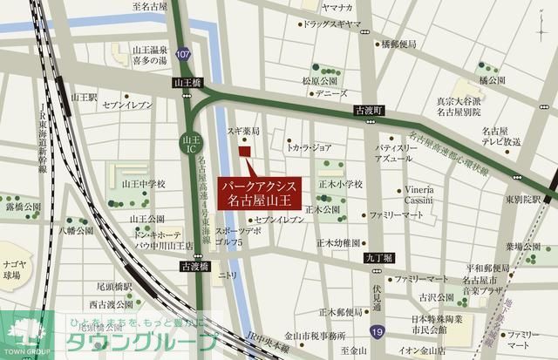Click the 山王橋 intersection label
pos(187,83)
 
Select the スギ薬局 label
pos(245,128)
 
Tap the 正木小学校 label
pos(339,185)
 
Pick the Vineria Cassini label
pos(418,195)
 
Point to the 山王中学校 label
pos(143,185)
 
